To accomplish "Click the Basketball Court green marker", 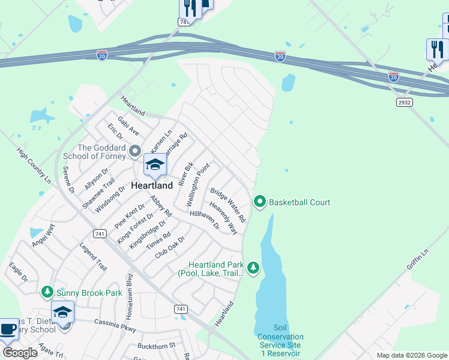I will (260, 202).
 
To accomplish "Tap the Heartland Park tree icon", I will (253, 267).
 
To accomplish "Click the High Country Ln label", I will (34, 165).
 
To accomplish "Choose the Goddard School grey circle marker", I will (135, 151).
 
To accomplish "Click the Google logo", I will (20, 353).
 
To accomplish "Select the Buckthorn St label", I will (155, 346).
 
